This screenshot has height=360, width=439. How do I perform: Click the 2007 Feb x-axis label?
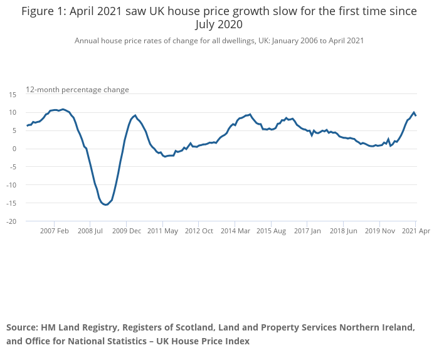tap(54, 231)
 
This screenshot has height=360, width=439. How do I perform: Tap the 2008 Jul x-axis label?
tap(90, 231)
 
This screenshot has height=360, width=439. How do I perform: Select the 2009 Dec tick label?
tap(126, 231)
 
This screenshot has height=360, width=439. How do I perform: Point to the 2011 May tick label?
tap(162, 231)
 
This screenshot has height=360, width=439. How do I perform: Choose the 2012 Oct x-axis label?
tap(199, 231)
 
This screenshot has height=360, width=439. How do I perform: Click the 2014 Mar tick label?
tap(235, 231)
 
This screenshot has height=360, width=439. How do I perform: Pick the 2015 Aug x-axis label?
tap(271, 231)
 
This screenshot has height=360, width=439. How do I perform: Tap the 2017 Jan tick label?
tap(307, 231)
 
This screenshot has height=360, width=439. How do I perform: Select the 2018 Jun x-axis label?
tap(344, 231)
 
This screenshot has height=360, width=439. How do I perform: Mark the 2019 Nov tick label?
tap(379, 231)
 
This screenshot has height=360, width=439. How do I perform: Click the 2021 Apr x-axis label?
tap(416, 231)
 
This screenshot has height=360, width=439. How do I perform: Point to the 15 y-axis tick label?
tap(13, 94)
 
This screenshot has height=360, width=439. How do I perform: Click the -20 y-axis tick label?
tap(12, 221)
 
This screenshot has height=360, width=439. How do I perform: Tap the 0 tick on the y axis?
tap(14, 149)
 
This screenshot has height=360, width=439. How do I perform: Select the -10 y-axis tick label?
tap(12, 185)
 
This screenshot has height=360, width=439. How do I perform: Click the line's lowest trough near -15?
tap(105, 204)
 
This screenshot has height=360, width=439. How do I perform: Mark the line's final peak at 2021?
tap(413, 112)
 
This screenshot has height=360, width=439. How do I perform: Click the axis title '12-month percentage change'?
tap(77, 90)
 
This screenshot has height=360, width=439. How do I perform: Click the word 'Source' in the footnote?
tap(21, 327)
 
